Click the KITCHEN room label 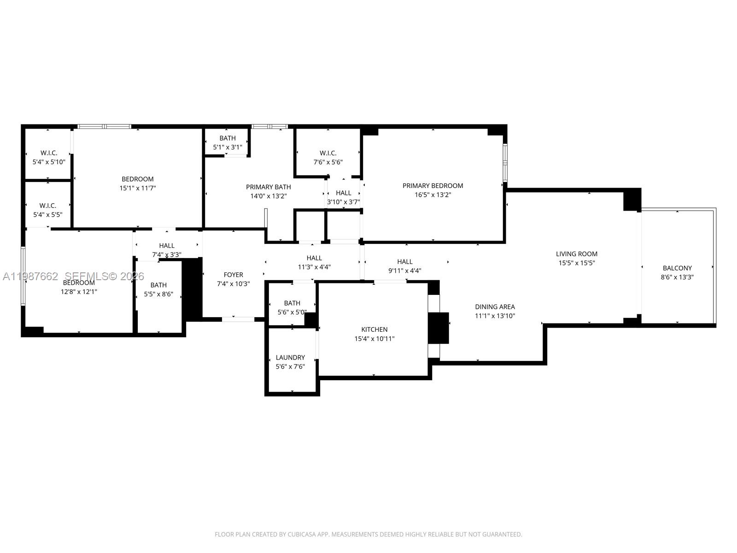pyautogui.click(x=374, y=329)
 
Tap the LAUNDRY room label pyautogui.click(x=290, y=358)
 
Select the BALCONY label pyautogui.click(x=677, y=268)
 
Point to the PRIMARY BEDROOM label pyautogui.click(x=433, y=186)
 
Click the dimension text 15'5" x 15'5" pyautogui.click(x=577, y=263)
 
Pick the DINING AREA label pyautogui.click(x=495, y=307)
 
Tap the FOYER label pyautogui.click(x=233, y=275)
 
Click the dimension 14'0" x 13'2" pyautogui.click(x=269, y=196)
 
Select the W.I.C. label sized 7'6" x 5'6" pyautogui.click(x=328, y=153)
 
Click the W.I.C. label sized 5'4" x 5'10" pyautogui.click(x=49, y=153)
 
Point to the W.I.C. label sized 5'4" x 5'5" pyautogui.click(x=48, y=206)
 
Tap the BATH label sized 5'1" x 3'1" pyautogui.click(x=228, y=138)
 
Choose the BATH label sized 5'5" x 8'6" pyautogui.click(x=158, y=285)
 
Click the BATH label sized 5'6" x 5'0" pyautogui.click(x=292, y=303)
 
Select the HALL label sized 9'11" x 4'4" pyautogui.click(x=405, y=262)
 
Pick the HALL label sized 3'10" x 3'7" pyautogui.click(x=344, y=193)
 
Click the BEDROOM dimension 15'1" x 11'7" pyautogui.click(x=138, y=188)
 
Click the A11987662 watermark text pyautogui.click(x=30, y=276)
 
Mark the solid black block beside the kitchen pyautogui.click(x=438, y=328)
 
